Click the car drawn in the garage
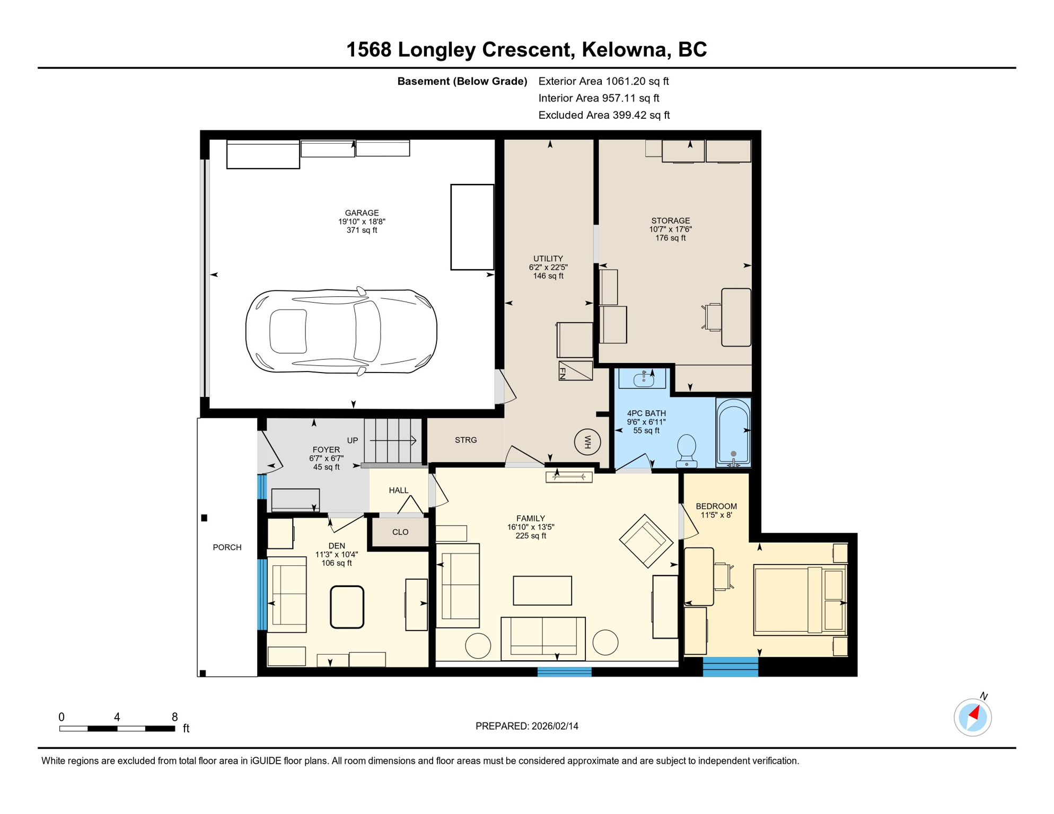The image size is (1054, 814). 341,332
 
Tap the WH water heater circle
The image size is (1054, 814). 587,442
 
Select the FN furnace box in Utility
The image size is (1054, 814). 575,370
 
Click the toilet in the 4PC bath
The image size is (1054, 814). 687,450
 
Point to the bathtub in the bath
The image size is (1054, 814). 733,432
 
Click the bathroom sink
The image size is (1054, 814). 643,379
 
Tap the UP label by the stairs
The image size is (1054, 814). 353,440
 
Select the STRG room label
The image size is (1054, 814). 465,440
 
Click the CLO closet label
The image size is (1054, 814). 400,532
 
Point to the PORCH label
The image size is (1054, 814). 227,547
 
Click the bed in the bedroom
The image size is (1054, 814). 800,600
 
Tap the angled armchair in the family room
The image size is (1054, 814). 646,541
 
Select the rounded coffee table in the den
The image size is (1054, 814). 347,607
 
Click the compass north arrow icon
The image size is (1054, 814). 973,717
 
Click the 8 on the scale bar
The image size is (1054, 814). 174,717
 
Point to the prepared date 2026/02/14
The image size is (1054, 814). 555,726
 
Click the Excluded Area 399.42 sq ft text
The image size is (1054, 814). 604,115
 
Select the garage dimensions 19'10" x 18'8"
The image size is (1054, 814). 362,222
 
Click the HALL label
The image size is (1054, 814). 399,490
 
